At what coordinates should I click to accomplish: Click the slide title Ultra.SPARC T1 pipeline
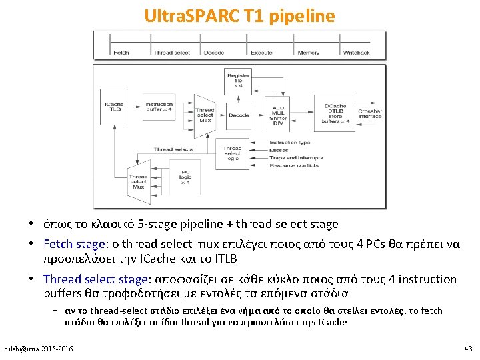pyautogui.click(x=239, y=15)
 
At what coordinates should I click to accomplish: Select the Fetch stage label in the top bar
pyautogui.click(x=121, y=52)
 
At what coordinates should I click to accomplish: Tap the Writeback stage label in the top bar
pyautogui.click(x=357, y=52)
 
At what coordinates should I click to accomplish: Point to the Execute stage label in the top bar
pyautogui.click(x=261, y=52)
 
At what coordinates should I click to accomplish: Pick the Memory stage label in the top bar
pyautogui.click(x=308, y=52)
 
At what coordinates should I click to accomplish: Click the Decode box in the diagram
pyautogui.click(x=239, y=115)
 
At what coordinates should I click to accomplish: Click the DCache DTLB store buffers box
pyautogui.click(x=335, y=114)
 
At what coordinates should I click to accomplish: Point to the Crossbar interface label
pyautogui.click(x=370, y=114)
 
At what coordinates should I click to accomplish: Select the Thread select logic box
pyautogui.click(x=233, y=153)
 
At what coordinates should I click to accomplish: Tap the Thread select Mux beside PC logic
pyautogui.click(x=138, y=182)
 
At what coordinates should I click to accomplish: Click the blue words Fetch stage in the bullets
pyautogui.click(x=70, y=244)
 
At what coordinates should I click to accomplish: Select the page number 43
pyautogui.click(x=467, y=349)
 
